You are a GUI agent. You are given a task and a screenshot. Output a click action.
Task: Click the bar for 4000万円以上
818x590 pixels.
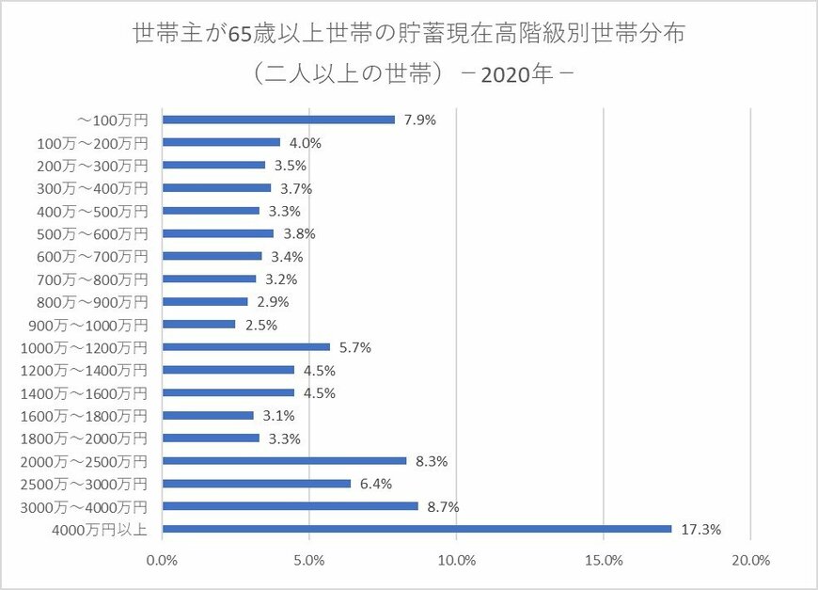[x=417, y=529]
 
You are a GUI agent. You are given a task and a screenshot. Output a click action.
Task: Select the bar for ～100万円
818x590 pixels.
[x=278, y=120]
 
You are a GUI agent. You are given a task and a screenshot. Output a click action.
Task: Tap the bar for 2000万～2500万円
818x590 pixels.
[x=284, y=461]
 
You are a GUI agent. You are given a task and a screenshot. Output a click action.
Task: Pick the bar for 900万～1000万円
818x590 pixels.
[x=199, y=325]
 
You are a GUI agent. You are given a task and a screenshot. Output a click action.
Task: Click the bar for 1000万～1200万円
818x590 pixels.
[x=246, y=347]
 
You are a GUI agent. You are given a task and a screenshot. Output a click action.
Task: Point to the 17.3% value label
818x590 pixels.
[x=700, y=530]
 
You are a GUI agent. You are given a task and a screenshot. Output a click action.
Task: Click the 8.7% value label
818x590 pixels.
[x=444, y=507]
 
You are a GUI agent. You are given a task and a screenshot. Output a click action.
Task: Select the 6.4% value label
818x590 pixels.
[x=376, y=485]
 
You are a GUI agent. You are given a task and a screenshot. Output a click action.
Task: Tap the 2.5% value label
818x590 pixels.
[x=261, y=326]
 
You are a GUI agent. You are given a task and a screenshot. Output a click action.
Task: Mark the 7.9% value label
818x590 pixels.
[x=420, y=120]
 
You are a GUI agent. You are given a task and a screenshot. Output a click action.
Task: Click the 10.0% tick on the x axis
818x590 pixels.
[x=456, y=561]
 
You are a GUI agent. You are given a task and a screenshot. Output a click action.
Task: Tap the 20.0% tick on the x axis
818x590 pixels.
[x=750, y=561]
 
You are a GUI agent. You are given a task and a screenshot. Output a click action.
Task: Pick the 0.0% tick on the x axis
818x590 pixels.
[x=163, y=561]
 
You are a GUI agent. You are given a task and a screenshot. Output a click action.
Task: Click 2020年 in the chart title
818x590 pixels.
[x=515, y=74]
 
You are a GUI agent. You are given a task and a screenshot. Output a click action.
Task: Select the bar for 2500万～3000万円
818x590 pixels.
[x=257, y=484]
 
